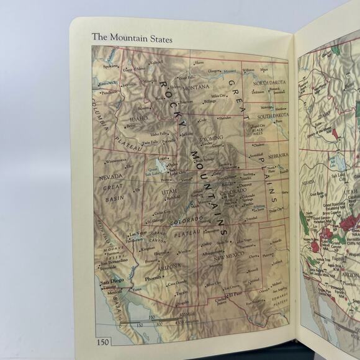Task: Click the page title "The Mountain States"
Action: pyautogui.click(x=132, y=37)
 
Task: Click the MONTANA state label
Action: pyautogui.click(x=197, y=87)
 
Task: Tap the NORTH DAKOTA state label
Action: pyautogui.click(x=269, y=83)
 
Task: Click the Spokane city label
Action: pyautogui.click(x=110, y=65)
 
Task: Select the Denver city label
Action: pyautogui.click(x=245, y=185)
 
